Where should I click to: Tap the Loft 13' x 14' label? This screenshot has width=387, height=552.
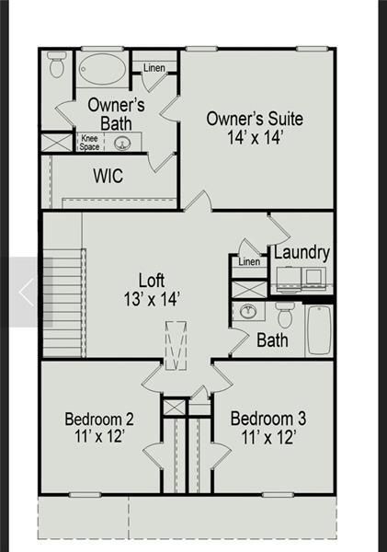(x=153, y=289)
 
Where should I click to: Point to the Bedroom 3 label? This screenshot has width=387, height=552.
(x=268, y=428)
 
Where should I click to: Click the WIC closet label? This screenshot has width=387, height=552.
(x=108, y=176)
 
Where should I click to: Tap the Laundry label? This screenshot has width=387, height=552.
(x=302, y=252)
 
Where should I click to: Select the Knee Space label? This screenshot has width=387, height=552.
(x=89, y=143)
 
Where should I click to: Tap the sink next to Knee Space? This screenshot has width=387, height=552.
(x=122, y=144)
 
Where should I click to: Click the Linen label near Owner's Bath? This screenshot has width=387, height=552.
(x=154, y=67)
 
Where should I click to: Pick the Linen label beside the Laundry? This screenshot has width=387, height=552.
(x=249, y=262)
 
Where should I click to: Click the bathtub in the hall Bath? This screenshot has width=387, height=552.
(x=319, y=329)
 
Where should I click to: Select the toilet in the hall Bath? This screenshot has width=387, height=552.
(x=285, y=316)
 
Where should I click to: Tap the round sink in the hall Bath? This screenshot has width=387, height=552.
(x=247, y=312)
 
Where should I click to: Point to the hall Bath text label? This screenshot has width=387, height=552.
(x=272, y=340)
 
